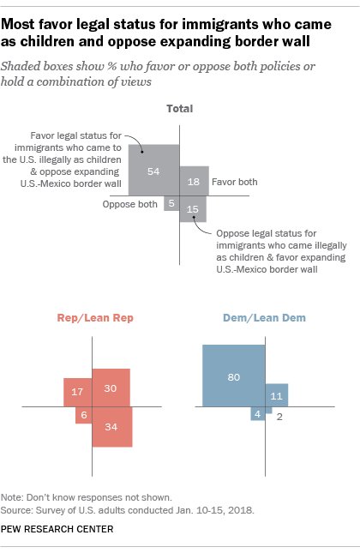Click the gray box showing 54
(x=154, y=171)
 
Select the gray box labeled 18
(x=194, y=182)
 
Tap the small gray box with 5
(x=171, y=203)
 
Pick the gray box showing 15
(x=192, y=209)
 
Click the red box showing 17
(x=77, y=391)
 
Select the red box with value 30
(x=111, y=388)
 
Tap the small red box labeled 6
(x=83, y=414)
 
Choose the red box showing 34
(x=111, y=426)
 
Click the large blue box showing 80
(x=233, y=376)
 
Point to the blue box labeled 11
(x=276, y=395)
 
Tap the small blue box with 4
(x=256, y=414)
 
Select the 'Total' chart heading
(x=179, y=109)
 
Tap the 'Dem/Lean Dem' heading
(x=265, y=318)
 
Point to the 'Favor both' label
(x=235, y=182)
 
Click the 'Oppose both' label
(x=130, y=204)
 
